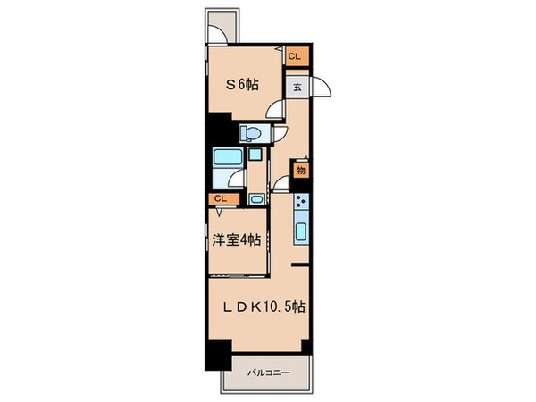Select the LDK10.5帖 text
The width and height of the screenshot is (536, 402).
pyautogui.click(x=265, y=306)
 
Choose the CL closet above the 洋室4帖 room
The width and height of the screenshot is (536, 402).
pyautogui.click(x=220, y=198)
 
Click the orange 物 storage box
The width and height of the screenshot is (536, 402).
pyautogui.click(x=301, y=168)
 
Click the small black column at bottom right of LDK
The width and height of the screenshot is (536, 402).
pyautogui.click(x=306, y=346)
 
